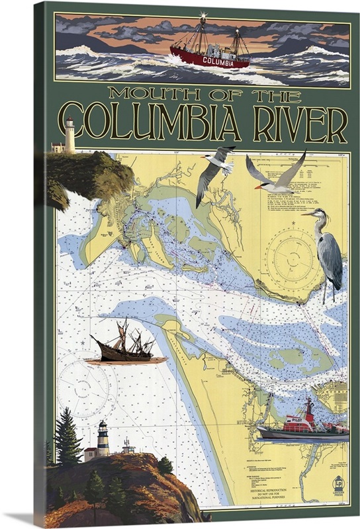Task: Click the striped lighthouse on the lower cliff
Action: coord(103,438)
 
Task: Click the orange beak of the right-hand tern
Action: coord(259,187)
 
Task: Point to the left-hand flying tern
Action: coord(213,172)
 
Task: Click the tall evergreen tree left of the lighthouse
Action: coord(68,436)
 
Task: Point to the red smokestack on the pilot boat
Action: coord(309,405)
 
